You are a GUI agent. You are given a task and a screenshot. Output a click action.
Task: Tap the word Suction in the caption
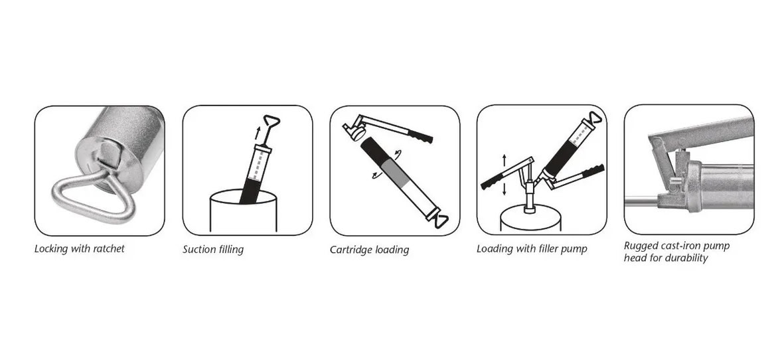pos(199,249)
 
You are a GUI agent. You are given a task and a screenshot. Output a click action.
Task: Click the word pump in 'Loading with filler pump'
pos(574,249)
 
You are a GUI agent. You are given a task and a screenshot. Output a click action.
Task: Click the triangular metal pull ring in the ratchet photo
pos(94,193)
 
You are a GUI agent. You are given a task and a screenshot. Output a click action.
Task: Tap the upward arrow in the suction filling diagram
pos(257,133)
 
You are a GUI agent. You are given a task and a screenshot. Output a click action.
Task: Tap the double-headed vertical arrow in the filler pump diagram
pos(505,174)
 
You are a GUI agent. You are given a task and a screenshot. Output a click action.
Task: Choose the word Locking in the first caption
pos(50,248)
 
